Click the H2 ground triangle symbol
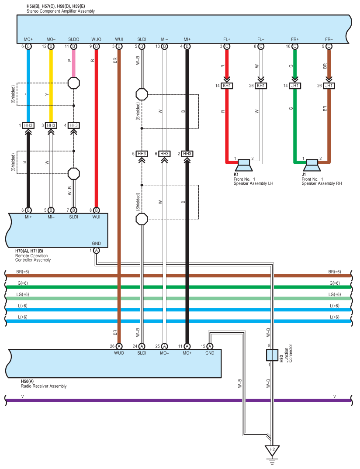[272, 451]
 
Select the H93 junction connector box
[272, 355]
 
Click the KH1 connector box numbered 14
[227, 86]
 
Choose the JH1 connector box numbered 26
[329, 86]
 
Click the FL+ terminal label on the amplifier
[227, 39]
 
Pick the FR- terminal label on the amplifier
[329, 39]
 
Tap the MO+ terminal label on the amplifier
[28, 39]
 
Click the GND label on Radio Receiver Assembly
[210, 353]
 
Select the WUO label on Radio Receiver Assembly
[119, 353]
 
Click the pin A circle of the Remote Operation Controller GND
[96, 250]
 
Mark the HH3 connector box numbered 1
[28, 125]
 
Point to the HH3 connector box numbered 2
[187, 154]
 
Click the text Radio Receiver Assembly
[44, 386]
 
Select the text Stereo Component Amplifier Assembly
[61, 11]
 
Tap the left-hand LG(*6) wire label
[23, 294]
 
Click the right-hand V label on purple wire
[335, 397]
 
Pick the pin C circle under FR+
[295, 46]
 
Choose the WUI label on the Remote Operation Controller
[96, 217]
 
